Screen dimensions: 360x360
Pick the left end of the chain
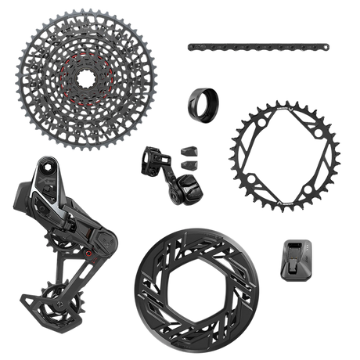click(190, 47)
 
